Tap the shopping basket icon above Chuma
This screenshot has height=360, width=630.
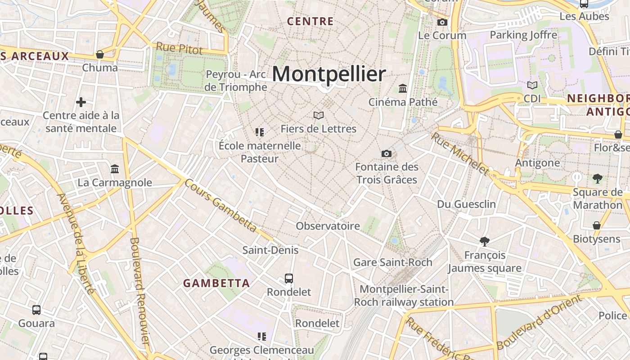[100, 54]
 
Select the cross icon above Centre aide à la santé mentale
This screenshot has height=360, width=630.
[81, 102]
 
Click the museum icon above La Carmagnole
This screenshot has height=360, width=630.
[115, 169]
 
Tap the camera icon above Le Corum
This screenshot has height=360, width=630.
[442, 22]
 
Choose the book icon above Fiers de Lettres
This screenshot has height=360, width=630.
[319, 116]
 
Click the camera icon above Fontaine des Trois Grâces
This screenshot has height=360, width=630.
[386, 154]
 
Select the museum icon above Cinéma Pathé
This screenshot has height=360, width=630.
[403, 89]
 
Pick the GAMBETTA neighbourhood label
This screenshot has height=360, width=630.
[216, 283]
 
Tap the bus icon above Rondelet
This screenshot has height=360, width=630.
[289, 279]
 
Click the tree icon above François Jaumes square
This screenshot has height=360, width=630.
[485, 242]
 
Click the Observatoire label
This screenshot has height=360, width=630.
[328, 226]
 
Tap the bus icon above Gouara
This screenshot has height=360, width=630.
[36, 310]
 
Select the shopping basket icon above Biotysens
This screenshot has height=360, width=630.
[597, 225]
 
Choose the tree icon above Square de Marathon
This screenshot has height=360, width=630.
[598, 179]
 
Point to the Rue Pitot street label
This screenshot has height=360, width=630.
[180, 49]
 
